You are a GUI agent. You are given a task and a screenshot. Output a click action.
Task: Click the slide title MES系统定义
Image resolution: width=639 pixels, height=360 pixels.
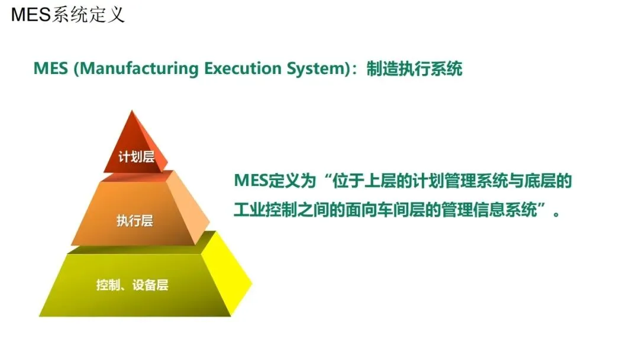coord(67,14)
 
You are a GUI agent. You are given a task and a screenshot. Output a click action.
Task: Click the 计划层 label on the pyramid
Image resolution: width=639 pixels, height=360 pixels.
coord(136,157)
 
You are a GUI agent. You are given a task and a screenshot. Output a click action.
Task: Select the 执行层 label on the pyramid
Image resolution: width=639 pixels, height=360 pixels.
coord(135,221)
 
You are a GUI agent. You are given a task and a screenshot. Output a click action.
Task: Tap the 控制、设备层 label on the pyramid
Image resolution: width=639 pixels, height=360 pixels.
coord(133,285)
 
